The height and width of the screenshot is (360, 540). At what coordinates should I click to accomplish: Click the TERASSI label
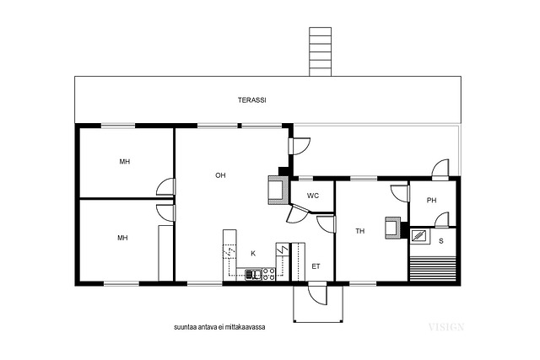coord(251,100)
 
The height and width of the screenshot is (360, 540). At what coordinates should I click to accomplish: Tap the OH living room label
coord(220,175)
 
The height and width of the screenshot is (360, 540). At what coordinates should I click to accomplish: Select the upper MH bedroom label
coord(125,161)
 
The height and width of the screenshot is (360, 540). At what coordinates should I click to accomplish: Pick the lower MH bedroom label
coord(122,238)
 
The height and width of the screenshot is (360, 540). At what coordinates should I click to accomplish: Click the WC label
coord(313,196)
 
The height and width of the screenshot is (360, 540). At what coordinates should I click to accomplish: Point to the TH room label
coord(360,231)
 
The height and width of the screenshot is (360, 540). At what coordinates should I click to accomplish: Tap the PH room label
coord(431,201)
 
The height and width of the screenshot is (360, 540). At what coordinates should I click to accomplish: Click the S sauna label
coord(441,241)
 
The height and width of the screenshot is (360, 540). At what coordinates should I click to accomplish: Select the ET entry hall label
coord(316,266)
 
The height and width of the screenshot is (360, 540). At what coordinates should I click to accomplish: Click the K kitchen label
coord(253,254)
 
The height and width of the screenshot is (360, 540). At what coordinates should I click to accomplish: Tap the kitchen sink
coord(253,275)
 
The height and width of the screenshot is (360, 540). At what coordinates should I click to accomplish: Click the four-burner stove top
coord(268,274)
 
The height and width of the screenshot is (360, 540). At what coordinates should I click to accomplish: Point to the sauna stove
coord(420,236)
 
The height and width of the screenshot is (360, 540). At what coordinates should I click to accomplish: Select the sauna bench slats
coord(432,268)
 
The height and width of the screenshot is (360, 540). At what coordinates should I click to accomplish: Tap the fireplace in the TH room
coord(393,228)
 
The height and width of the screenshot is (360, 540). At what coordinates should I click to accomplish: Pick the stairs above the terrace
coord(320,51)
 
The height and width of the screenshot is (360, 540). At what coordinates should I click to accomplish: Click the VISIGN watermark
coord(446,327)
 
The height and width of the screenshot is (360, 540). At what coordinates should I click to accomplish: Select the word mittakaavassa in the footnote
coord(246,327)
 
